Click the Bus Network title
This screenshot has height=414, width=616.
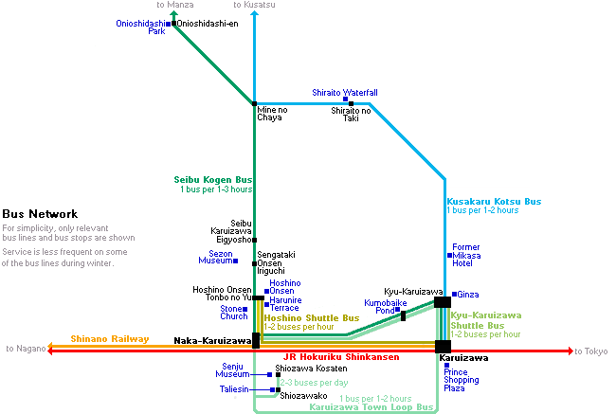click(x=40, y=214)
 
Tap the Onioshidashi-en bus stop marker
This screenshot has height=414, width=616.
click(x=174, y=24)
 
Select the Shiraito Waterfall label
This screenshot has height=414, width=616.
click(x=345, y=93)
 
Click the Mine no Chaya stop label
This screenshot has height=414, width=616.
click(x=272, y=114)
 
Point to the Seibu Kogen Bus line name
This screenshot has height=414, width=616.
click(x=213, y=180)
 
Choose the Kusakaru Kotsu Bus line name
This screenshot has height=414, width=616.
click(x=494, y=202)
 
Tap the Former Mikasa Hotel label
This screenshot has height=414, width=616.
click(x=466, y=255)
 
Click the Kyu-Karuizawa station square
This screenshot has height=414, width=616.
click(x=443, y=302)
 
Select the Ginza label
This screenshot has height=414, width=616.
click(x=468, y=295)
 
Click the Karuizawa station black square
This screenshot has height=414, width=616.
click(x=443, y=347)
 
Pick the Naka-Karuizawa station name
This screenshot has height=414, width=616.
click(x=212, y=341)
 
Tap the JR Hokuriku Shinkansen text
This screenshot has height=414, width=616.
click(x=341, y=357)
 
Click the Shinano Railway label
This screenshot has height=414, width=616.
click(x=110, y=339)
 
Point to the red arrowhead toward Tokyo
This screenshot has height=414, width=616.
click(x=570, y=351)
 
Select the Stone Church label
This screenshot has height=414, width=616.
click(x=234, y=313)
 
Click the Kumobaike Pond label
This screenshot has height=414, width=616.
click(x=386, y=307)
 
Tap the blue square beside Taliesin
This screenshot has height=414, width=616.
click(x=272, y=389)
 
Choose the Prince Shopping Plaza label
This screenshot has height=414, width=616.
click(x=462, y=380)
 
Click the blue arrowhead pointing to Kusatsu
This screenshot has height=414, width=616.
click(x=255, y=14)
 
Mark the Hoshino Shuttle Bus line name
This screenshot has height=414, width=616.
click(x=312, y=318)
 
